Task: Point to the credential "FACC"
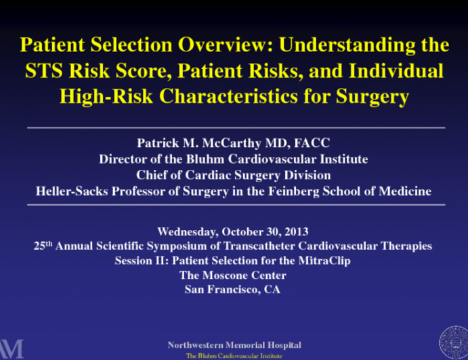pos(314,143)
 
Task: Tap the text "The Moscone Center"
pos(233,275)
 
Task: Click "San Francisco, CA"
pos(233,290)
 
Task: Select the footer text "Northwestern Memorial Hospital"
pos(234,344)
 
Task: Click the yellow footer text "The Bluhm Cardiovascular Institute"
pos(234,355)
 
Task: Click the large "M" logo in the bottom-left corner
pos(12,347)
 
